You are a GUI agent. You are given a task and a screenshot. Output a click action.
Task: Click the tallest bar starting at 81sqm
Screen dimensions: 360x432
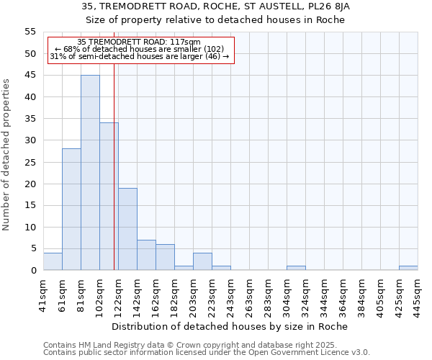[90, 173]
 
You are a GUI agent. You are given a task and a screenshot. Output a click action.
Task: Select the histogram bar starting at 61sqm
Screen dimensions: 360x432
[71, 210]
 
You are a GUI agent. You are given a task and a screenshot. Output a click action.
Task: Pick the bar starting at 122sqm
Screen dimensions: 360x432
[127, 229]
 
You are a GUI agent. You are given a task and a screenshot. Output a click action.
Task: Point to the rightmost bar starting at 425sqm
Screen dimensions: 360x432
[408, 268]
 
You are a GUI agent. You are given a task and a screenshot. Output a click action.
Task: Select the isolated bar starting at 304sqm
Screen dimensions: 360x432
[296, 268]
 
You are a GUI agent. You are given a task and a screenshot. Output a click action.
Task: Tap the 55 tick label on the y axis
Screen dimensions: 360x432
[30, 32]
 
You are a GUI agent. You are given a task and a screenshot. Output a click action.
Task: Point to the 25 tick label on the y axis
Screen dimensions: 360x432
[30, 162]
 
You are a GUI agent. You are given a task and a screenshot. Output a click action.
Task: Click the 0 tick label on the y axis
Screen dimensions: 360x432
[33, 271]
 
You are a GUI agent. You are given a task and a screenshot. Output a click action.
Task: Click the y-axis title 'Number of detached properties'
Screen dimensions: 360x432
[7, 155]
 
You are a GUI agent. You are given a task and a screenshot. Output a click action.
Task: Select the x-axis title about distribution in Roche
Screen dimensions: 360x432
[230, 326]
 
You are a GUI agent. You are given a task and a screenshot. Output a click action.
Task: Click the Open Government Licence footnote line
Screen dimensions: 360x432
[207, 352]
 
